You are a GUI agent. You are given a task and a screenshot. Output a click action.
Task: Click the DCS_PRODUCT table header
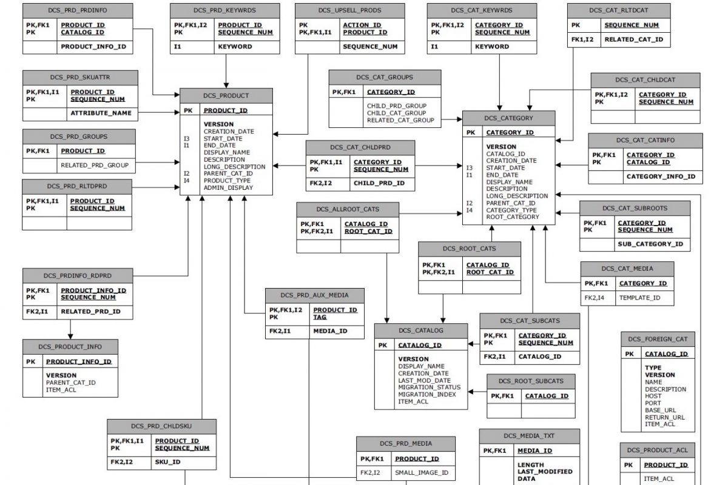(x=226, y=96)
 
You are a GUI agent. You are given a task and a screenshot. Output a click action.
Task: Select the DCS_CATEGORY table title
(x=508, y=118)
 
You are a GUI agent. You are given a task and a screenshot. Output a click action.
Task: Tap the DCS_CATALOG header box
(x=421, y=330)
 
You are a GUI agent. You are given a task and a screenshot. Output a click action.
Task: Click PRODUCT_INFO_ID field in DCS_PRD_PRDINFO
(x=93, y=47)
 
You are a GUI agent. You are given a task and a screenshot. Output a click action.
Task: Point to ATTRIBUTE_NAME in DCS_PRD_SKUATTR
(x=101, y=113)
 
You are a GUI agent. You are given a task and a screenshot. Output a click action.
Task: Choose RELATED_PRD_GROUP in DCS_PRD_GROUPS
(x=95, y=166)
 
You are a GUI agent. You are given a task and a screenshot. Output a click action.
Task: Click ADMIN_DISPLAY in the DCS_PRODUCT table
(x=228, y=188)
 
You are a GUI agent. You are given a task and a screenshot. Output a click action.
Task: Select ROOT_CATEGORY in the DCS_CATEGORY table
(x=513, y=217)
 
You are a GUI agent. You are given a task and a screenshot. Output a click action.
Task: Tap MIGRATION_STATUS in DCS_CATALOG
(x=430, y=387)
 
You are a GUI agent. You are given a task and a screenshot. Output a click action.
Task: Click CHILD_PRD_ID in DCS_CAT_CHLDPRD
(x=379, y=183)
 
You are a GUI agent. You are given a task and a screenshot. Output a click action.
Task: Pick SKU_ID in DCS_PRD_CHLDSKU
(x=167, y=462)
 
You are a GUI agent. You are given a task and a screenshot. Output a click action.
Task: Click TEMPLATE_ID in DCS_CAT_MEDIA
(x=639, y=298)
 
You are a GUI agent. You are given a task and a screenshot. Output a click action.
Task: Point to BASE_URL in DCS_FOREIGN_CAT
(x=661, y=410)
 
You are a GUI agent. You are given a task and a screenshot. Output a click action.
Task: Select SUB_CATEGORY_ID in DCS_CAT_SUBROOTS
(x=650, y=244)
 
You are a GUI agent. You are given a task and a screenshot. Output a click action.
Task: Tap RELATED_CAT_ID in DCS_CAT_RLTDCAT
(x=634, y=39)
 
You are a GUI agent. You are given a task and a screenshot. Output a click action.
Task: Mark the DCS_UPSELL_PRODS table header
(x=350, y=11)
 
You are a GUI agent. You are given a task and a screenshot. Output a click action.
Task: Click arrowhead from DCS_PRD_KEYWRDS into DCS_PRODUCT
(x=226, y=85)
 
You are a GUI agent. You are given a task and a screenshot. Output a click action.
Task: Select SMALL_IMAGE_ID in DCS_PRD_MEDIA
(x=422, y=473)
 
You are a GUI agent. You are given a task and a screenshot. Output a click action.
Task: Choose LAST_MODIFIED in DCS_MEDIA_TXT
(x=545, y=472)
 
